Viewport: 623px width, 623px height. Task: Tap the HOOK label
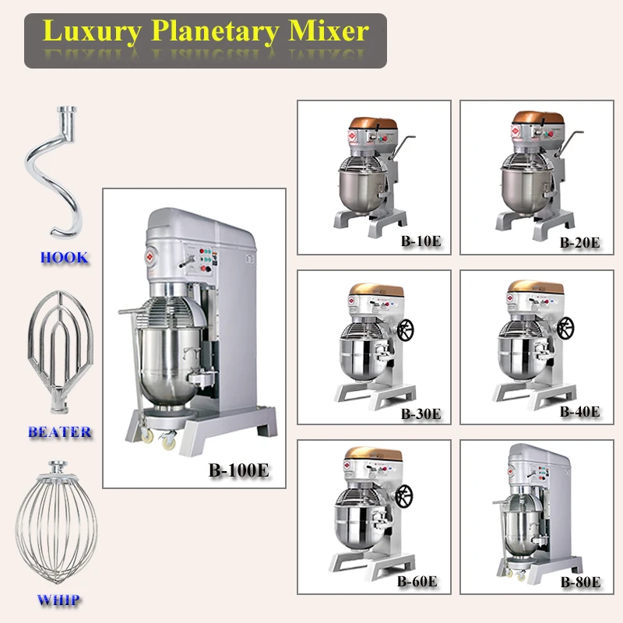coord(64,258)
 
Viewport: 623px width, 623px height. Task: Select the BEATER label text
coord(60,431)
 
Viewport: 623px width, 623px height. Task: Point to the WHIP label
coord(58,600)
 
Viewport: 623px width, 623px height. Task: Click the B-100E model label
coord(239,470)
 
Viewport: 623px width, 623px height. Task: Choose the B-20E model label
coord(580,241)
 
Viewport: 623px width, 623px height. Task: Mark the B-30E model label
coord(421,414)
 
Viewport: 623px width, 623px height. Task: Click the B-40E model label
coord(580,412)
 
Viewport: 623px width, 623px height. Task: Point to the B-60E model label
coord(417,581)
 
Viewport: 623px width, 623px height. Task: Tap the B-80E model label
coord(580,582)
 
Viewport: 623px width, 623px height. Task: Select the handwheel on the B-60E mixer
coord(404,496)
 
